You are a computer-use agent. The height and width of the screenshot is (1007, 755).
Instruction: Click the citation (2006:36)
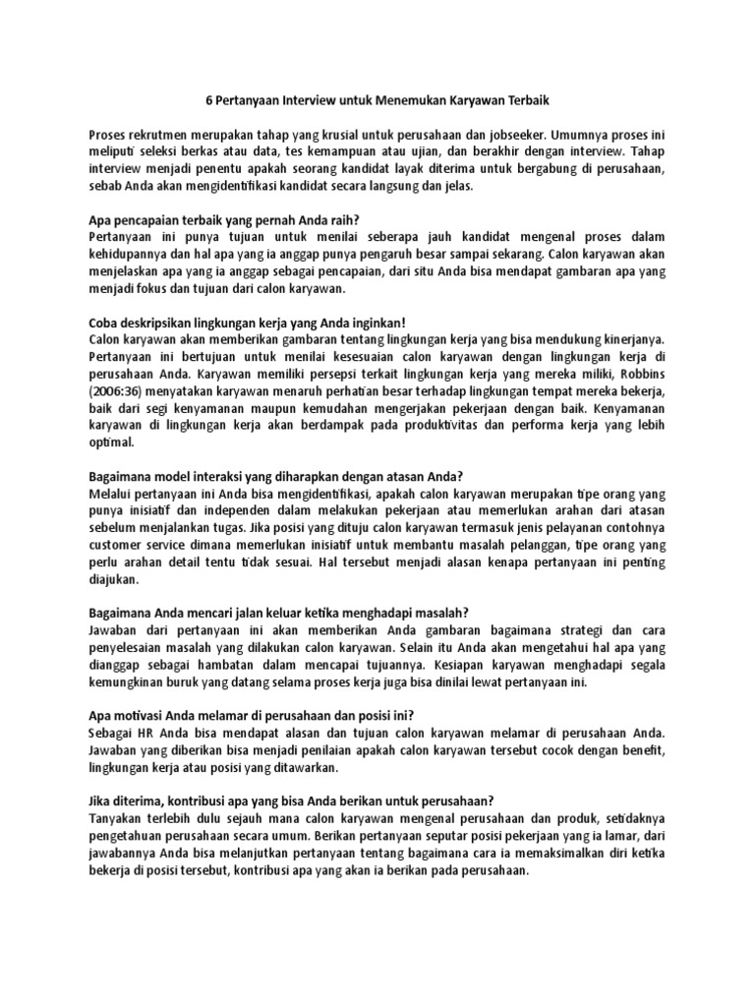click(x=120, y=391)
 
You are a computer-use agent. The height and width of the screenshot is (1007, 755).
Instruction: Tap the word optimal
click(x=110, y=443)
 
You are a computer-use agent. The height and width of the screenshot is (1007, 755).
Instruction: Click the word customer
click(x=120, y=545)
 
